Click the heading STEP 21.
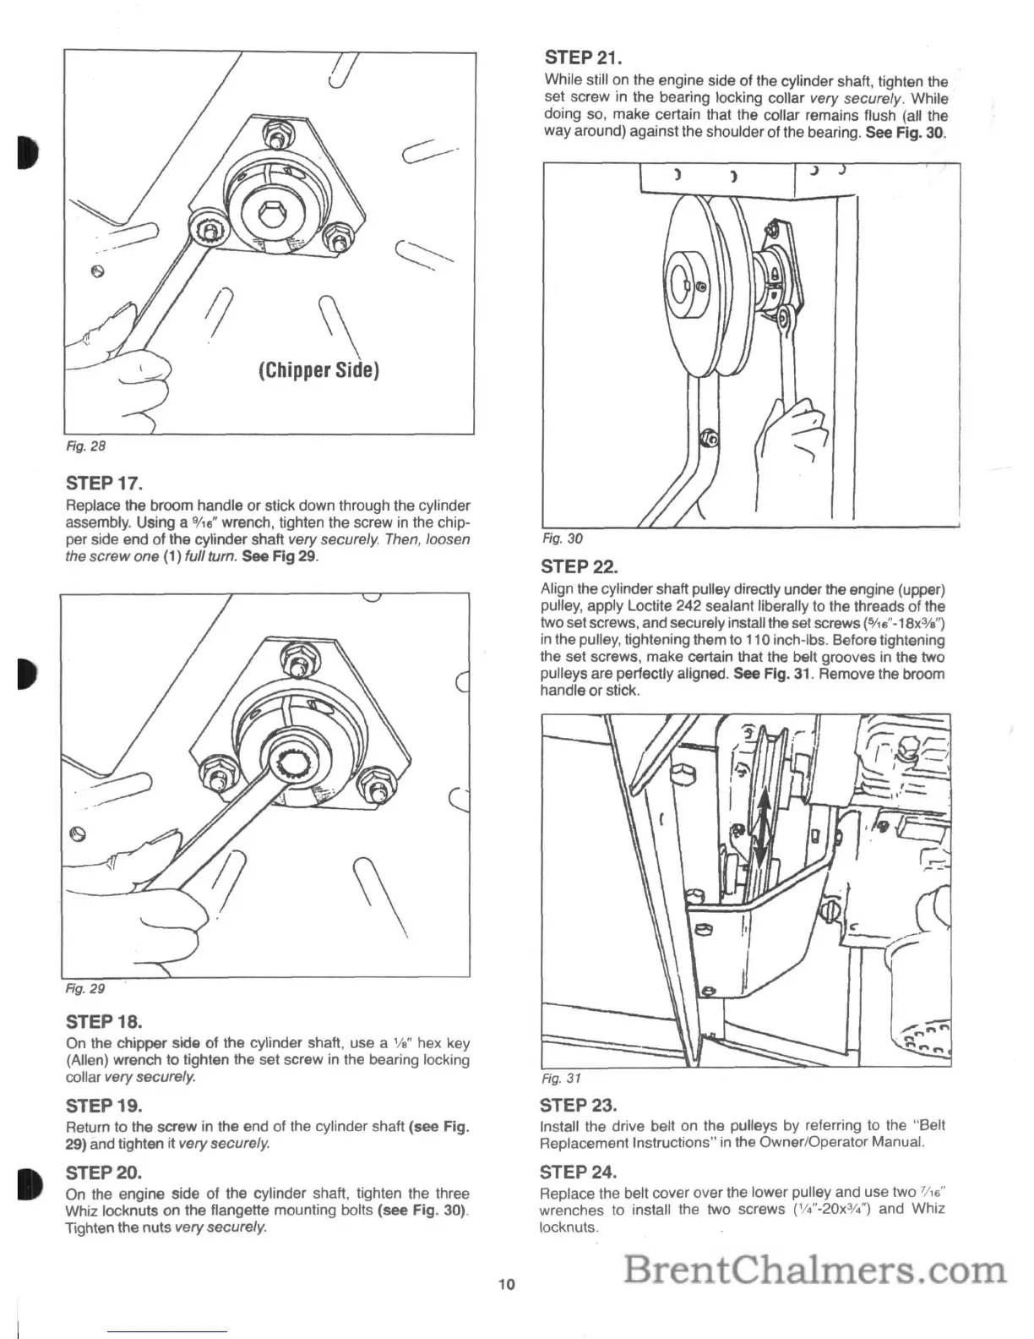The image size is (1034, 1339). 584,57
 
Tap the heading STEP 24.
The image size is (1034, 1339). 578,1172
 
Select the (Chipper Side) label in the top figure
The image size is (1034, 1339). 317,370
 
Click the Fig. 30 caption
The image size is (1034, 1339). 563,538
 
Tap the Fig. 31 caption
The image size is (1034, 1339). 562,1079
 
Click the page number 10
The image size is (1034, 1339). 506,1285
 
